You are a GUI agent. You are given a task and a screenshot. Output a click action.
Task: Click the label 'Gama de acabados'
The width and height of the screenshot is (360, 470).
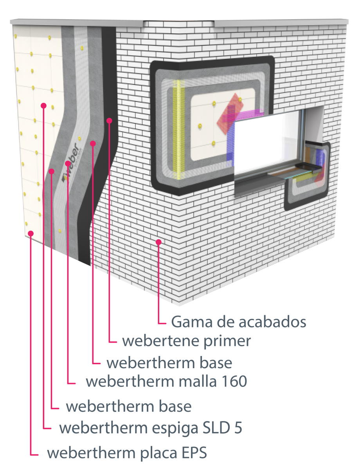coord(239,322)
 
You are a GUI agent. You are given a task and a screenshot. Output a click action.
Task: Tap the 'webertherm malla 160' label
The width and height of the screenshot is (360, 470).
coord(166,381)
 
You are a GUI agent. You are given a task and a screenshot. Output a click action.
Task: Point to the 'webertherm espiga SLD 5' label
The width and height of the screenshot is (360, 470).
coord(151,428)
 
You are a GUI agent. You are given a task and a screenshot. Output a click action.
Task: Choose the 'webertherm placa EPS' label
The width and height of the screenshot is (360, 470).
coord(127,453)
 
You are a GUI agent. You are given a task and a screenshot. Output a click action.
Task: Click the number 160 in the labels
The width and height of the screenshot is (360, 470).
coord(234,381)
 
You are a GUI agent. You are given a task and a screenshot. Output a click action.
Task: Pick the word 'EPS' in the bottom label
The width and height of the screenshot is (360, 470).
coord(194,452)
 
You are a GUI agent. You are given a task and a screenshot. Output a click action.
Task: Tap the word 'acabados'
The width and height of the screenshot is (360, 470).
coord(272,322)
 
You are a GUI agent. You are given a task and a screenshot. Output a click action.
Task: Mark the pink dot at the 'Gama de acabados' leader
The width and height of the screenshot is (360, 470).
coord(158,242)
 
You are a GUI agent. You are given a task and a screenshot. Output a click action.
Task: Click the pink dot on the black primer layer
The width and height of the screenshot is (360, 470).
coord(109,121)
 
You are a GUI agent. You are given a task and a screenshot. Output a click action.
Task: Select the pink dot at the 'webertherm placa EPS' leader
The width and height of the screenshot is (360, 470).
coord(31,233)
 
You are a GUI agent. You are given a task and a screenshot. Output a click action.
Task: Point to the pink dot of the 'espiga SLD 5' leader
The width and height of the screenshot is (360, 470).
coord(44,105)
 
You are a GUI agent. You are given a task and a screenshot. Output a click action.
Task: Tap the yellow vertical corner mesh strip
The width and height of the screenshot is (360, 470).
coord(179,129)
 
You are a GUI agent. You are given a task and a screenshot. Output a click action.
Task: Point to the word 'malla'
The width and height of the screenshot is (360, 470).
coord(198,381)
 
